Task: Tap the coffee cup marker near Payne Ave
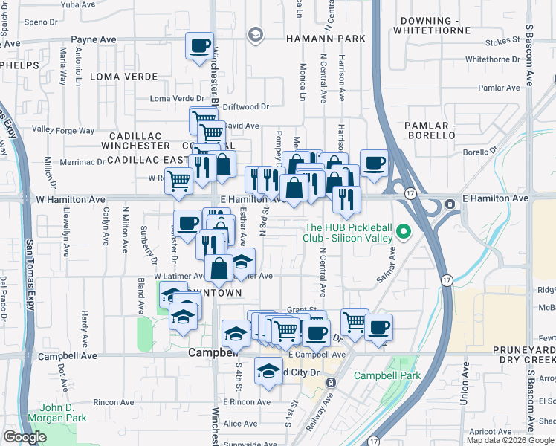pyautogui.click(x=200, y=46)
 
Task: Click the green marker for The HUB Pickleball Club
pyautogui.click(x=404, y=232)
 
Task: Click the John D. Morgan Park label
pyautogui.click(x=55, y=413)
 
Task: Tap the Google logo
pyautogui.click(x=25, y=437)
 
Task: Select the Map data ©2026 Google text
pyautogui.click(x=510, y=440)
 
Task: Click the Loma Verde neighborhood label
pyautogui.click(x=123, y=77)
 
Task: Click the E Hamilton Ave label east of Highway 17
pyautogui.click(x=495, y=198)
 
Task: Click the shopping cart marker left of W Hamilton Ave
pyautogui.click(x=178, y=181)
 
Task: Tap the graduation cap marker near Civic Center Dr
pyautogui.click(x=268, y=370)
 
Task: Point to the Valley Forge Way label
pyautogui.click(x=63, y=130)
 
